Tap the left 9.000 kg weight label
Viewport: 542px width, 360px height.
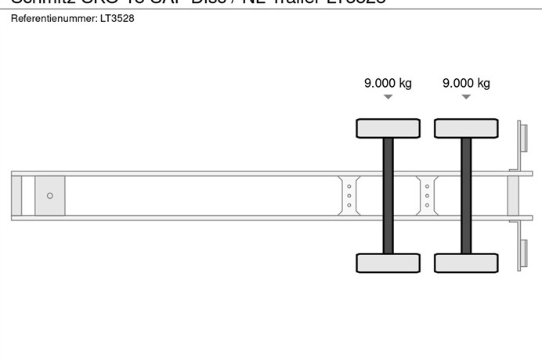pyautogui.click(x=388, y=83)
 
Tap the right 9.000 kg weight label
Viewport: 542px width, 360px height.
pyautogui.click(x=466, y=83)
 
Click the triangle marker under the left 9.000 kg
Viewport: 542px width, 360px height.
pyautogui.click(x=388, y=97)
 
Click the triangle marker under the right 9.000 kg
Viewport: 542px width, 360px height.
pyautogui.click(x=466, y=97)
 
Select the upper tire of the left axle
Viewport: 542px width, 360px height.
pyautogui.click(x=388, y=128)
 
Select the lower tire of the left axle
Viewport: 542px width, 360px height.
pyautogui.click(x=388, y=263)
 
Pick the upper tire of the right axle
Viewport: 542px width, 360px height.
pyautogui.click(x=466, y=128)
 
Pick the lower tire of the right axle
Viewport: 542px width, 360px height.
pyautogui.click(x=466, y=263)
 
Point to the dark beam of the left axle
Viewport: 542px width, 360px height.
pyautogui.click(x=388, y=196)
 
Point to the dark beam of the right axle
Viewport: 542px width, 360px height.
pyautogui.click(x=466, y=196)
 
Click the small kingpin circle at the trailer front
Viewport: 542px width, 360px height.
pyautogui.click(x=50, y=196)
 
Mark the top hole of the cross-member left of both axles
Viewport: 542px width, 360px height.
pyautogui.click(x=349, y=186)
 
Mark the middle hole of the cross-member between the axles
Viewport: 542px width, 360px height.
pyautogui.click(x=427, y=196)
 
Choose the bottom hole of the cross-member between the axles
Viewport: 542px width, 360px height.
pyautogui.click(x=427, y=205)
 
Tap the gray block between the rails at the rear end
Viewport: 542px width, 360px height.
pyautogui.click(x=513, y=196)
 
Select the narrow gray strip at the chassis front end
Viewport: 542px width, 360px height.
pyautogui.click(x=16, y=196)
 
